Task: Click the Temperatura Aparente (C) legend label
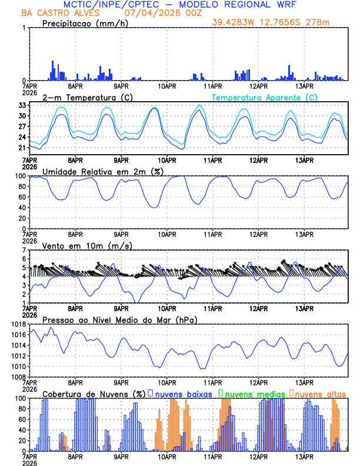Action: coord(264,97)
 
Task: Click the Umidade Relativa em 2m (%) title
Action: coord(101,171)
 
